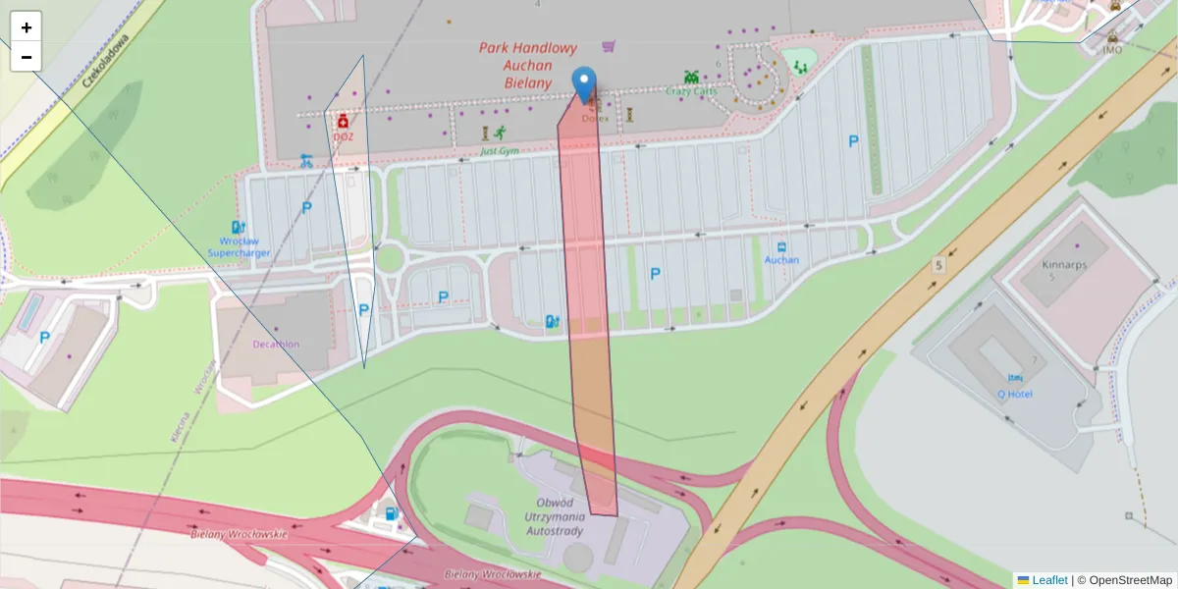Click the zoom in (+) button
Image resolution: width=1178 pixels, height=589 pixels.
[x=27, y=27]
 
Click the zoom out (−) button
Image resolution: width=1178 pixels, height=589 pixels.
[x=27, y=57]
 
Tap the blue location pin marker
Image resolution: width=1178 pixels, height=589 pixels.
[x=585, y=84]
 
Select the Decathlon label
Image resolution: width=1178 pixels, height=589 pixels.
[x=276, y=344]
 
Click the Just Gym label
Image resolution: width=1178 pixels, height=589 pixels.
[x=500, y=151]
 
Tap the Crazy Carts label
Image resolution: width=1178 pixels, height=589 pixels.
[x=691, y=91]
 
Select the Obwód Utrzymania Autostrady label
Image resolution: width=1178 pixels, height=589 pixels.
[x=555, y=516]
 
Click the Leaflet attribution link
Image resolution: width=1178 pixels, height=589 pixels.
[x=1048, y=580]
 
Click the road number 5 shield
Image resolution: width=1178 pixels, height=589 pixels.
[x=938, y=265]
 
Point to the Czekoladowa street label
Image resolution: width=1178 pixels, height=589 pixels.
[x=105, y=61]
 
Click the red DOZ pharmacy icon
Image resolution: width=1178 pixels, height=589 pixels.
[x=343, y=122]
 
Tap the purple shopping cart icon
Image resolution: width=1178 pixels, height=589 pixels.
[x=610, y=45]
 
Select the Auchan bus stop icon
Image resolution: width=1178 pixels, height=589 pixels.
[x=781, y=247]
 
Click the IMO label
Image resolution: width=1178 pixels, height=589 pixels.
[x=1111, y=50]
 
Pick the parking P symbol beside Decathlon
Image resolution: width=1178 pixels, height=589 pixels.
[x=364, y=310]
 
